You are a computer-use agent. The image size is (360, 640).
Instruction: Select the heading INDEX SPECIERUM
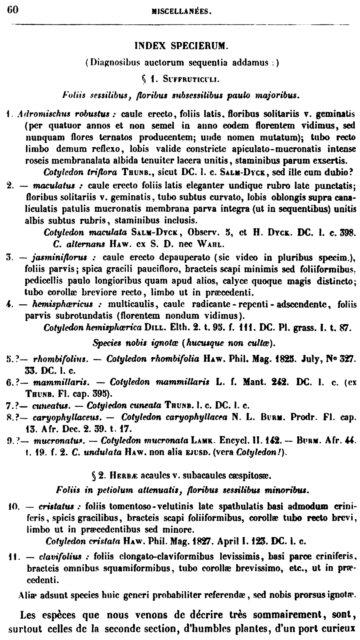coord(181,46)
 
